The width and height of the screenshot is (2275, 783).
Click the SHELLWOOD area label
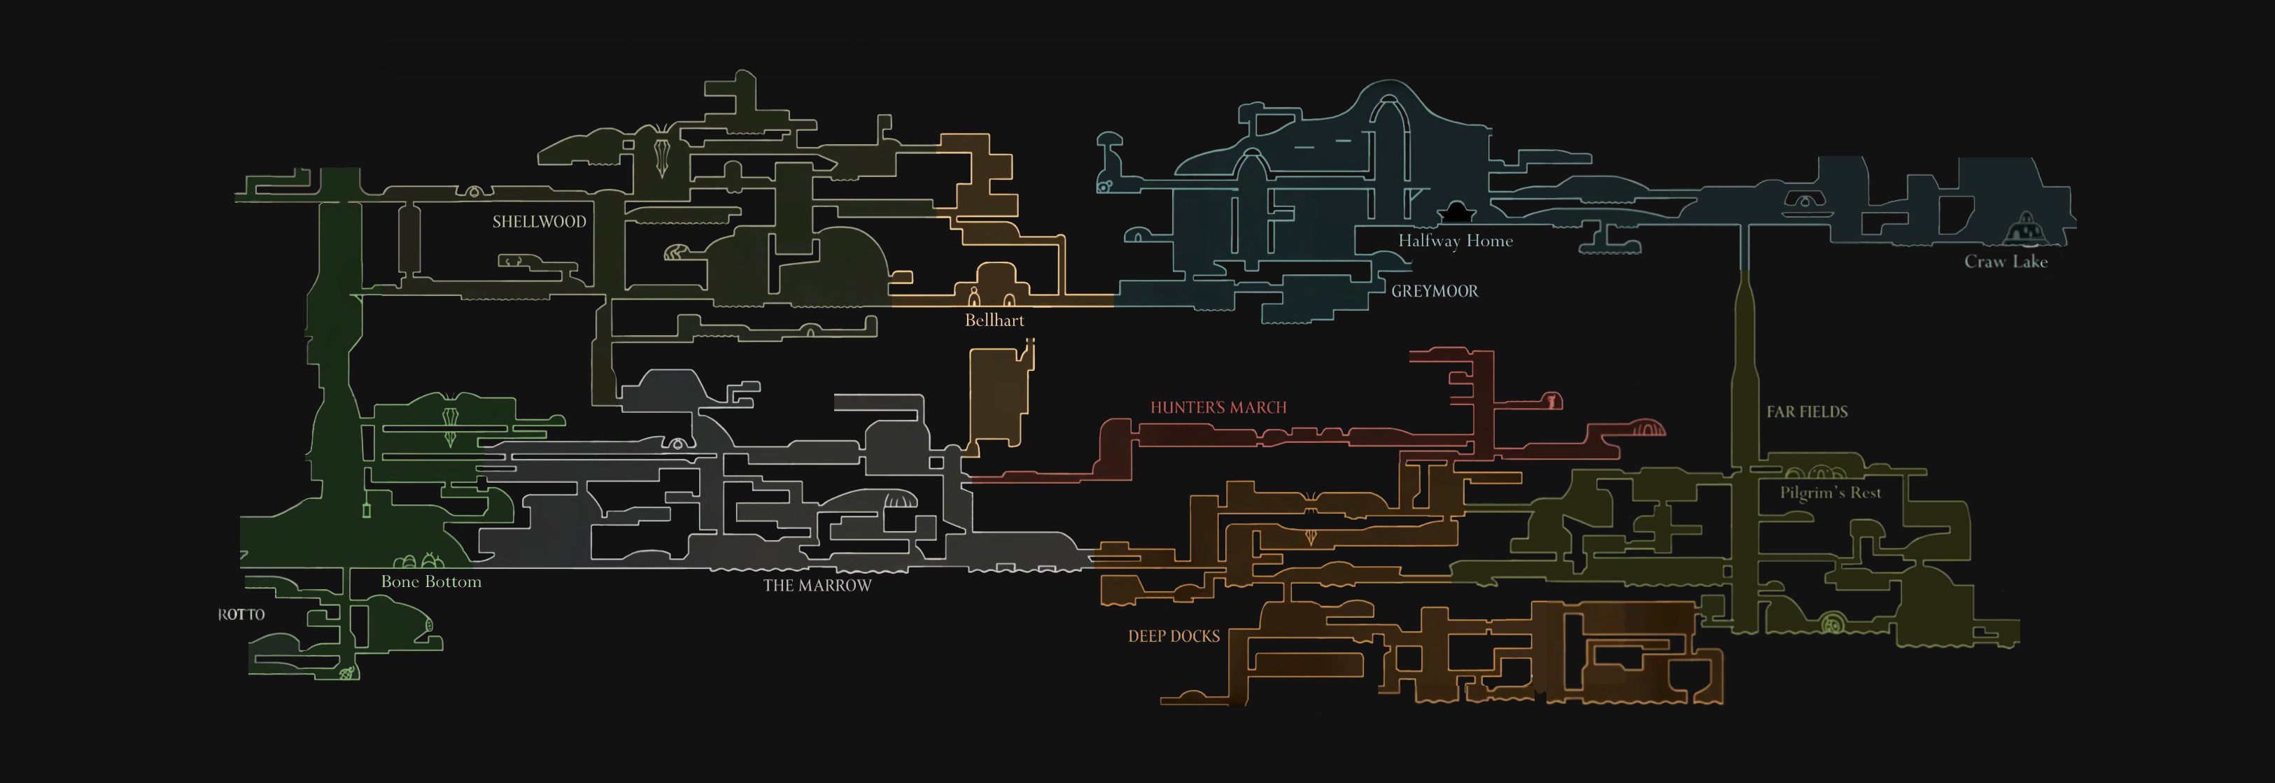539,222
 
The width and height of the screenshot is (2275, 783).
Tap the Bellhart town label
994,320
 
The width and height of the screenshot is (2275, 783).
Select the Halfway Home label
1455,240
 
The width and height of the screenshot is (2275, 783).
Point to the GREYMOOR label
1435,291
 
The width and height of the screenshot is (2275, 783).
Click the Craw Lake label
2005,261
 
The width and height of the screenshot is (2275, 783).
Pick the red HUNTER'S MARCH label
1218,408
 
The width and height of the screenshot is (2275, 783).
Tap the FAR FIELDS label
1807,412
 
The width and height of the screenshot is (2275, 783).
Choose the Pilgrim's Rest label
1830,493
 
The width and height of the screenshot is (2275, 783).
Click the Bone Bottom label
431,581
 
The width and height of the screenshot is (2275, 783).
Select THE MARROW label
817,585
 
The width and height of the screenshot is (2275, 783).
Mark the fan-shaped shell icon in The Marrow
900,500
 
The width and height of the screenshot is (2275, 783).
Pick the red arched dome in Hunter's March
1648,429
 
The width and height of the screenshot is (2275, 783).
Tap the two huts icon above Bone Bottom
418,560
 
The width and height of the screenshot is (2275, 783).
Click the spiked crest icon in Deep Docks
1311,535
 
